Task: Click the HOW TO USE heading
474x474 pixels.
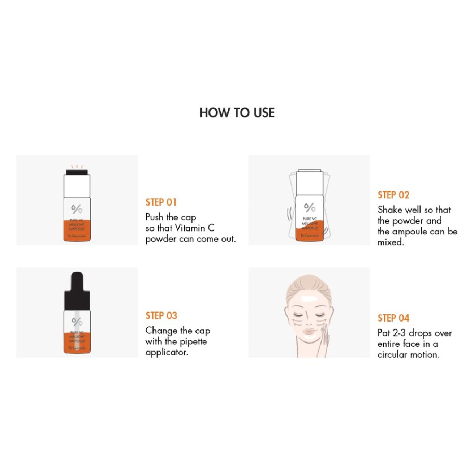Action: (237, 113)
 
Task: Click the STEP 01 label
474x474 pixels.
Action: (161, 202)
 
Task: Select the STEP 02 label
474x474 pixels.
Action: (393, 195)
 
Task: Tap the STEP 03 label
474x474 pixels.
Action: (161, 316)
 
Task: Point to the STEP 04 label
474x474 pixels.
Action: (393, 318)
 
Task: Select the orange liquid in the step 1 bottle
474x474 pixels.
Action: (77, 231)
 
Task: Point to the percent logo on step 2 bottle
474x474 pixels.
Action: (309, 206)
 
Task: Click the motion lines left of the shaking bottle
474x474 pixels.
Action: (290, 214)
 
